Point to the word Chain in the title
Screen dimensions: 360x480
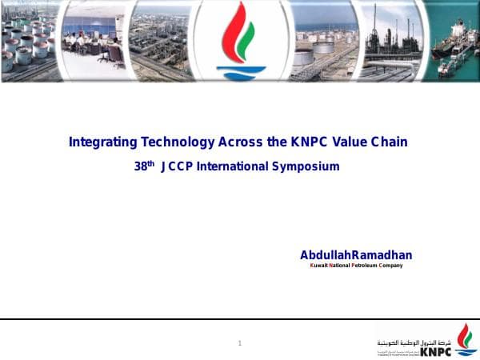point(390,142)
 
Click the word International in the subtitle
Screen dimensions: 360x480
point(238,166)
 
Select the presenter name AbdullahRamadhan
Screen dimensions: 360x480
point(356,255)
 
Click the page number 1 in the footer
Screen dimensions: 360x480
point(239,343)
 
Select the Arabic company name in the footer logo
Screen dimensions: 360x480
point(416,341)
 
